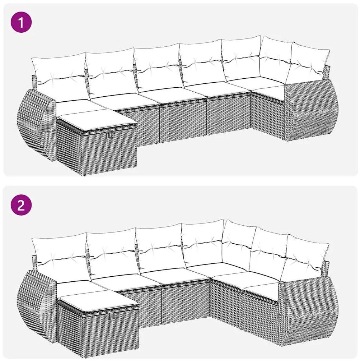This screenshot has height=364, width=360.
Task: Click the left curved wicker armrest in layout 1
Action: coord(36,122)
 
